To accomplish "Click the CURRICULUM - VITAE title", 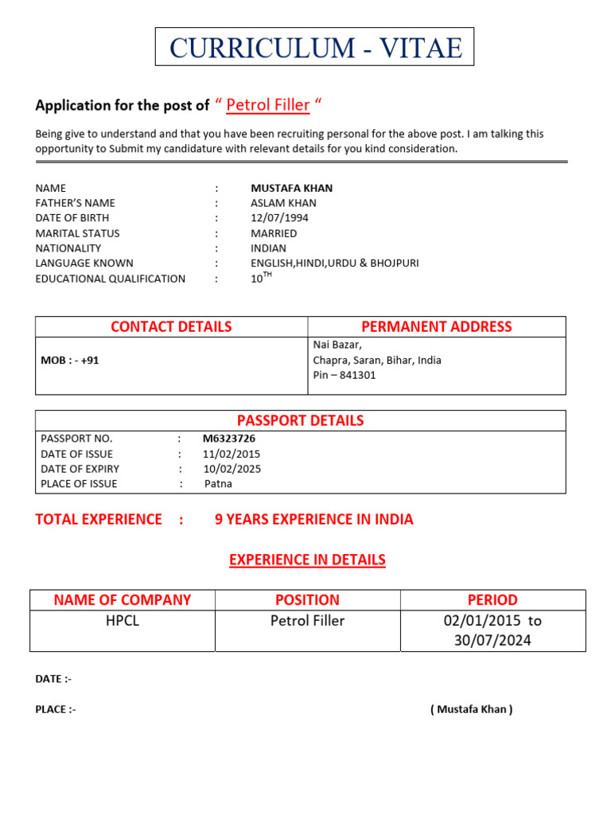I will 315,48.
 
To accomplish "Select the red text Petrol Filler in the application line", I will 268,105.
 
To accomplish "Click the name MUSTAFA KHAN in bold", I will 291,189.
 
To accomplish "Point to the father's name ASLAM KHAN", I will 283,203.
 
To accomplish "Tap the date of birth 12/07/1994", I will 279,218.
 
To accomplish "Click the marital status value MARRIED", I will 274,233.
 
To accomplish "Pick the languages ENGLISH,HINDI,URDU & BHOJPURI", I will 334,263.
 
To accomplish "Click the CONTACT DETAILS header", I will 171,326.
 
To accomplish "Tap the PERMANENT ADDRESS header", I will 436,326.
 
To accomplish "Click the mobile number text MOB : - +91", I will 70,361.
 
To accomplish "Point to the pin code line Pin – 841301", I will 344,375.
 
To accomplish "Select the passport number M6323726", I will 229,439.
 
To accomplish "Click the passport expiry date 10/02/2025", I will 232,469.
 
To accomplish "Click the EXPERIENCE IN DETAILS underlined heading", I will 307,560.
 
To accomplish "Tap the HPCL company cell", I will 123,621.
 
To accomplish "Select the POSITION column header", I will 307,600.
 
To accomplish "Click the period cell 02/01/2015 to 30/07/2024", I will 492,630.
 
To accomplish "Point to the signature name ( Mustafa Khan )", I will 471,709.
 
